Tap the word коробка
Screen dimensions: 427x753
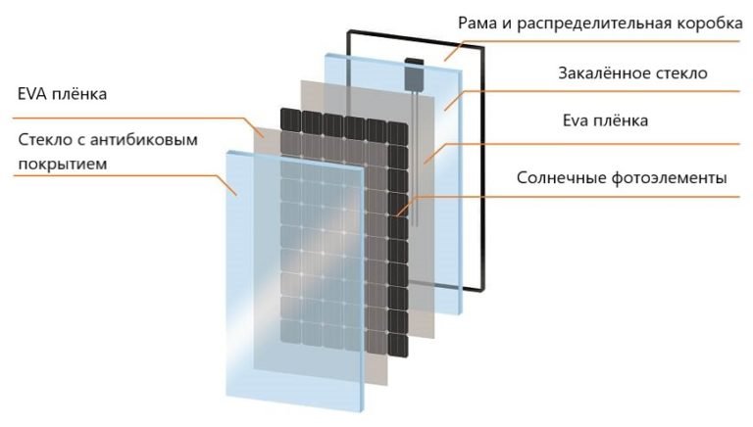click(702, 24)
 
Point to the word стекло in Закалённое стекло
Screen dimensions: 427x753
click(681, 72)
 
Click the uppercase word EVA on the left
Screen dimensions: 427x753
click(34, 95)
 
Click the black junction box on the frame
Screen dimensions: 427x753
click(416, 71)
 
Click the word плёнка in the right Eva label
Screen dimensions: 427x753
click(622, 121)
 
